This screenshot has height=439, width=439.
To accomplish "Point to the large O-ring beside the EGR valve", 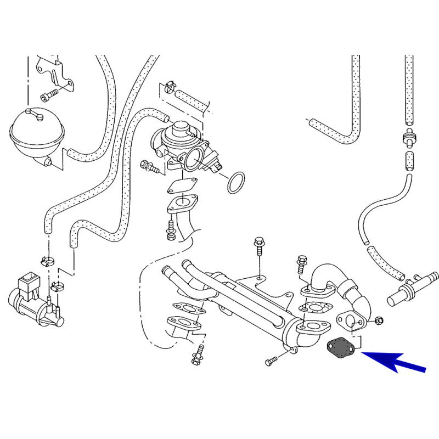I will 237,183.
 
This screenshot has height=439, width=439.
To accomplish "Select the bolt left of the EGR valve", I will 149,165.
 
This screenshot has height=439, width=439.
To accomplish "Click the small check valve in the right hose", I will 408,138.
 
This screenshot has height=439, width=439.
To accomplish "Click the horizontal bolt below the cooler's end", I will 272,361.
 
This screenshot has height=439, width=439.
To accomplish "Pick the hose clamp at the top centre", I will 169,87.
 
